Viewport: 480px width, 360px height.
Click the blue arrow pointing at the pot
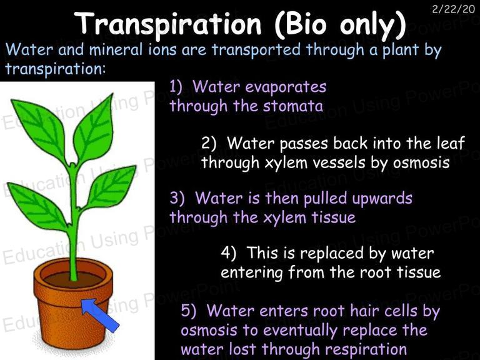point(100,315)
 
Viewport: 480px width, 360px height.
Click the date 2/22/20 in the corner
point(453,9)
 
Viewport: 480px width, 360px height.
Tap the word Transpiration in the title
point(167,24)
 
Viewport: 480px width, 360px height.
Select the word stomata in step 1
point(293,106)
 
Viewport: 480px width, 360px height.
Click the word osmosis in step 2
point(421,162)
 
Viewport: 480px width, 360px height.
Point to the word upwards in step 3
point(382,199)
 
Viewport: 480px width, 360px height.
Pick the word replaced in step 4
point(337,254)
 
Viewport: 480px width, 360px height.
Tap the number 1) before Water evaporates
point(177,87)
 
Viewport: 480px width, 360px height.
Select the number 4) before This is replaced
point(228,253)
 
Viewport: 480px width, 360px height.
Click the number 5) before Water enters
point(188,311)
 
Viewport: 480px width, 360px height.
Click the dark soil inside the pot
point(73,279)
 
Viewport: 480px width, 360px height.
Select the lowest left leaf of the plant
point(37,206)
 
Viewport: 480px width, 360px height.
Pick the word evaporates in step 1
point(286,87)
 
